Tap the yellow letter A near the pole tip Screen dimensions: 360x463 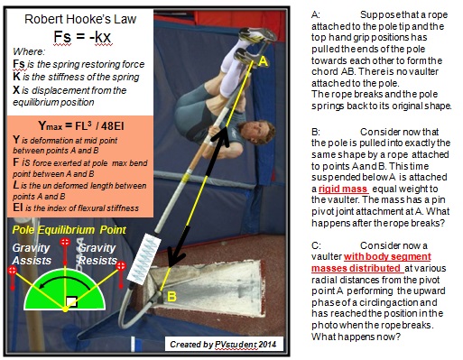[x=264, y=61]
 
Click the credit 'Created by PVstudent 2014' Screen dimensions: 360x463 [x=224, y=345]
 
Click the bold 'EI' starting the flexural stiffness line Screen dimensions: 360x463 [x=16, y=204]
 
